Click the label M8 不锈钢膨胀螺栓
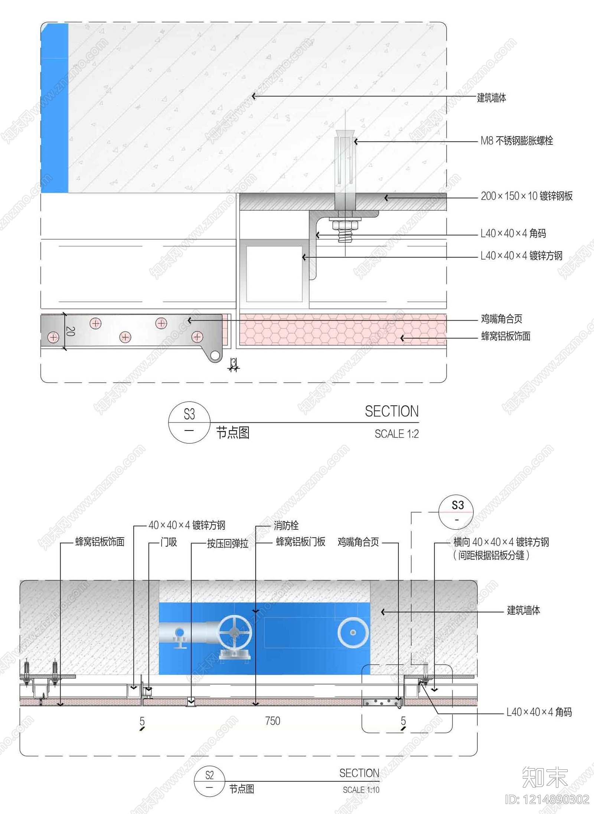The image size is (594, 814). pos(517,141)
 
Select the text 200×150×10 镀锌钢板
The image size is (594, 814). pos(527,196)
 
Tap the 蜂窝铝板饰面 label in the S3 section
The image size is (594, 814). pos(506,336)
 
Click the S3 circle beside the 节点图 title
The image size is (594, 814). pos(189,422)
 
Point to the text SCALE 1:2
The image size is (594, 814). pos(396,434)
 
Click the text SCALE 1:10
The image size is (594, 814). pos(361,790)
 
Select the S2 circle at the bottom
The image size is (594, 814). pos(209,781)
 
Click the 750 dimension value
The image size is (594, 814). pos(272,721)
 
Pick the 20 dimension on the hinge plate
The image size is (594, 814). pos(71,331)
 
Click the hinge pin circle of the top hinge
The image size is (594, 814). pos(215,356)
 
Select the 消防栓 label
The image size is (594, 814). pos(286,525)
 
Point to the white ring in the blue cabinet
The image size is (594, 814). pos(353,632)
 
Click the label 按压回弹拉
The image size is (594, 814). pos(228,543)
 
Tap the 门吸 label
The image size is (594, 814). pos(169,542)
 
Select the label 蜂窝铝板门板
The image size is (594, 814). pos(301,542)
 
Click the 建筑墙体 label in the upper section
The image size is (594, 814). pos(492,98)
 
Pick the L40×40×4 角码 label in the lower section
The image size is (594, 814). pos(539,712)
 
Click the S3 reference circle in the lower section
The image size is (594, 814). pos(456,512)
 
